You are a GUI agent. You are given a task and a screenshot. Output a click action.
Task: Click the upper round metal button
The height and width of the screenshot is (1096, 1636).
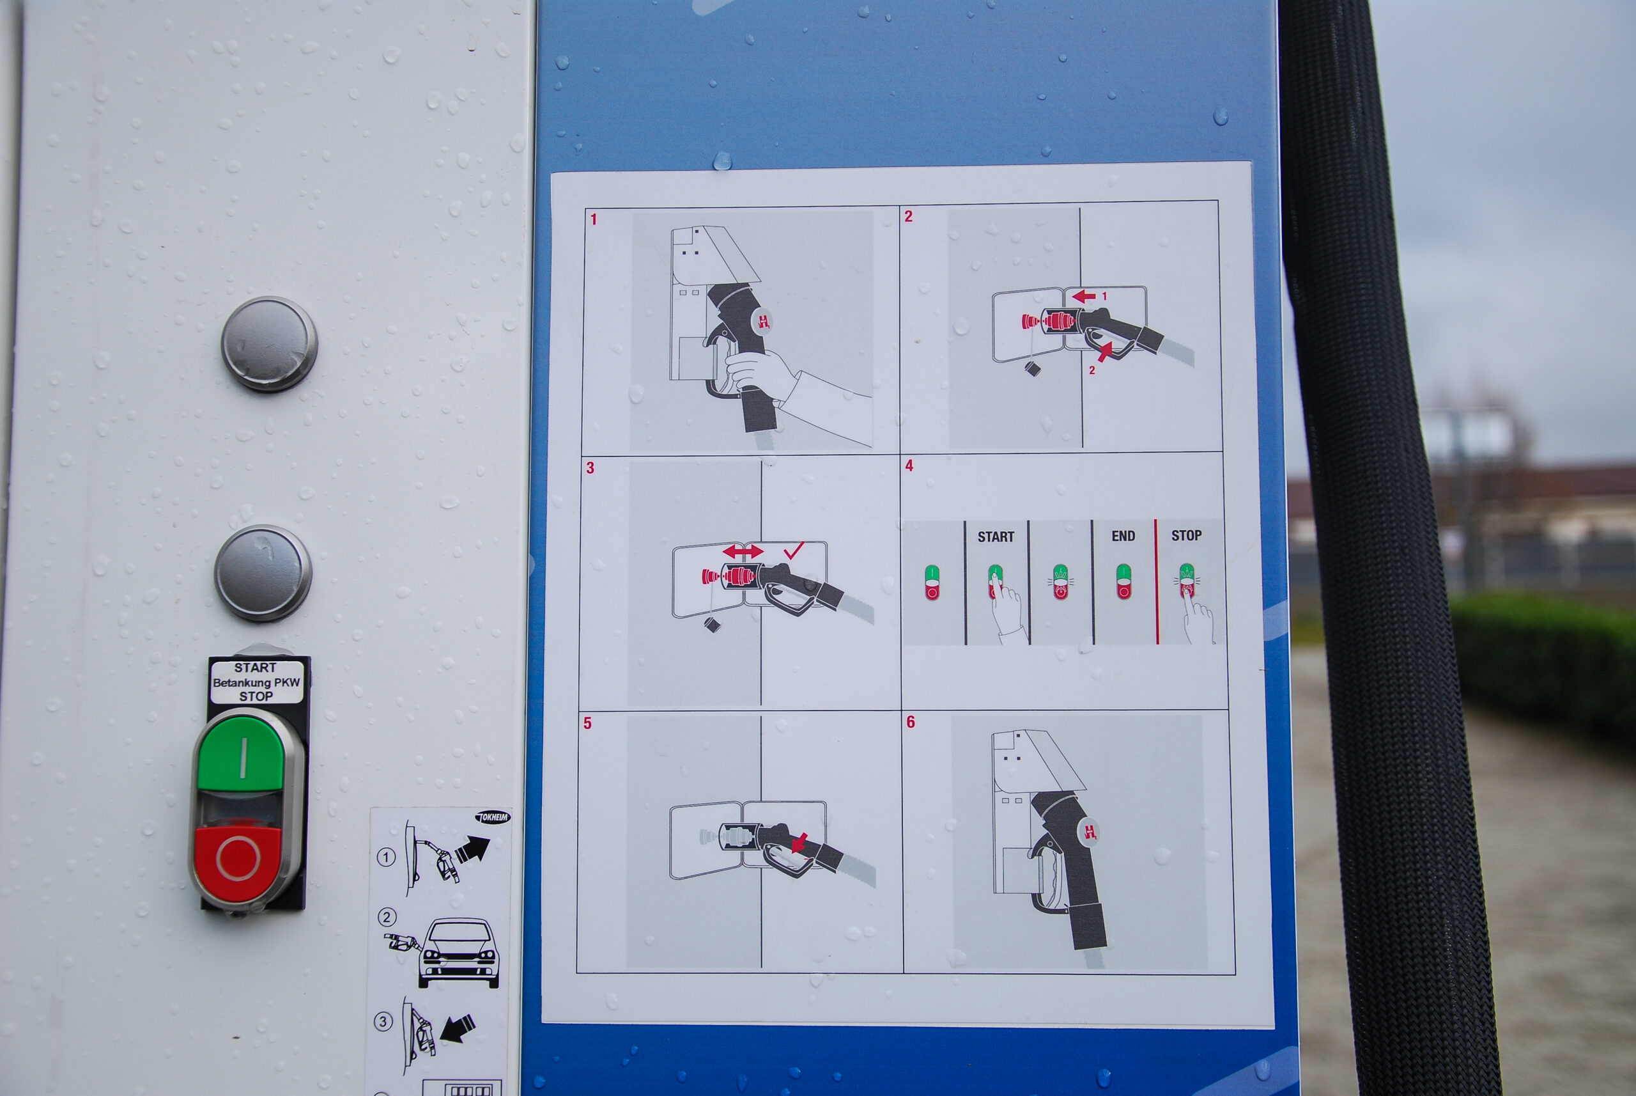tap(270, 343)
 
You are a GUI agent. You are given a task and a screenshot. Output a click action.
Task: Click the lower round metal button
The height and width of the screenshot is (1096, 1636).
tap(263, 573)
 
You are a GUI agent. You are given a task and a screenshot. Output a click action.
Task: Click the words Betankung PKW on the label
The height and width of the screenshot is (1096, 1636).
tap(256, 682)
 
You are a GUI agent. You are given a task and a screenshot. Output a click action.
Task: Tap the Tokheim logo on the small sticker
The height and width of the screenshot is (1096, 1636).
tap(493, 817)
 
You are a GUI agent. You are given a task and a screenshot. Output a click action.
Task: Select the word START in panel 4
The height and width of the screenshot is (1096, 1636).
tap(996, 537)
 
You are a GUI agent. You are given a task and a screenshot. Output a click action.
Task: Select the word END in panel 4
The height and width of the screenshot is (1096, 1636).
tap(1123, 536)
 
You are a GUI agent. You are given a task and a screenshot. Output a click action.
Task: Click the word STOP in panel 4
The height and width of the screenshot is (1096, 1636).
tap(1186, 535)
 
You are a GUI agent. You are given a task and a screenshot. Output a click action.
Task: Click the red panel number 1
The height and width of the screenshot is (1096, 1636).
tap(594, 219)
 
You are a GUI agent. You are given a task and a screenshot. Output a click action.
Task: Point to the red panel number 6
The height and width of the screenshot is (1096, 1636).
tap(910, 722)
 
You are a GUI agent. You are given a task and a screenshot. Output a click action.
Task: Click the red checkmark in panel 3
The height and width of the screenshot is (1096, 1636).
tap(794, 550)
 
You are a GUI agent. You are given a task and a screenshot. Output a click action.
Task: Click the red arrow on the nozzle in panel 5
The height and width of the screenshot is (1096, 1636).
tap(800, 842)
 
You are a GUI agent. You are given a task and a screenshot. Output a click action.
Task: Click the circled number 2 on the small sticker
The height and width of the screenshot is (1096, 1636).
tap(387, 917)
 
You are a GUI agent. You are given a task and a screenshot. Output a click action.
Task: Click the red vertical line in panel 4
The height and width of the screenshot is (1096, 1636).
tap(1157, 581)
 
